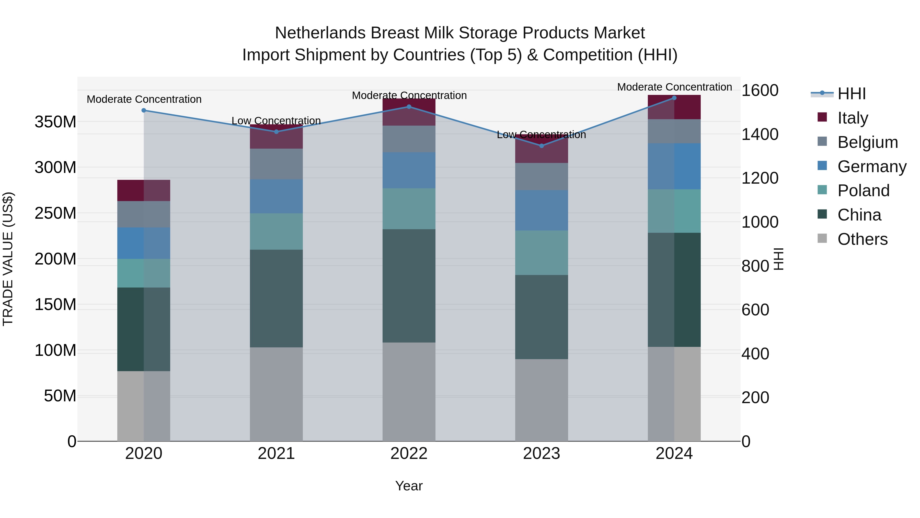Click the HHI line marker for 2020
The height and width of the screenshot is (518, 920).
tap(144, 111)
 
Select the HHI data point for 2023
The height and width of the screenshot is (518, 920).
tap(542, 146)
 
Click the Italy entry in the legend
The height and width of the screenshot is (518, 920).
tap(853, 118)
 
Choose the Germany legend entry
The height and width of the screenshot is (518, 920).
tap(871, 167)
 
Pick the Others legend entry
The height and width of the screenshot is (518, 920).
tap(862, 239)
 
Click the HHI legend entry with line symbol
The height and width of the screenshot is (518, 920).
tap(852, 94)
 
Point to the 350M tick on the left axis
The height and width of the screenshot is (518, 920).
tap(55, 122)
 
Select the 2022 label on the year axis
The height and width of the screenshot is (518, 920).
tap(409, 454)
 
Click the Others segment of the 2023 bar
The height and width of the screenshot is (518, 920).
tap(542, 400)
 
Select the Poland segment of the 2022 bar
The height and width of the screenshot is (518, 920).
tap(409, 209)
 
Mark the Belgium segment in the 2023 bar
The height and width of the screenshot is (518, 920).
tap(542, 177)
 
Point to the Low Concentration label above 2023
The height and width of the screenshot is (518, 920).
tap(542, 135)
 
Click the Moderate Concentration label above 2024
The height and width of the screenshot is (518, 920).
tap(674, 87)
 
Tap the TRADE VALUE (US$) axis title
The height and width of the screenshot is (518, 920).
tap(8, 259)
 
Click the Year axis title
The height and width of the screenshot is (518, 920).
tap(409, 486)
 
